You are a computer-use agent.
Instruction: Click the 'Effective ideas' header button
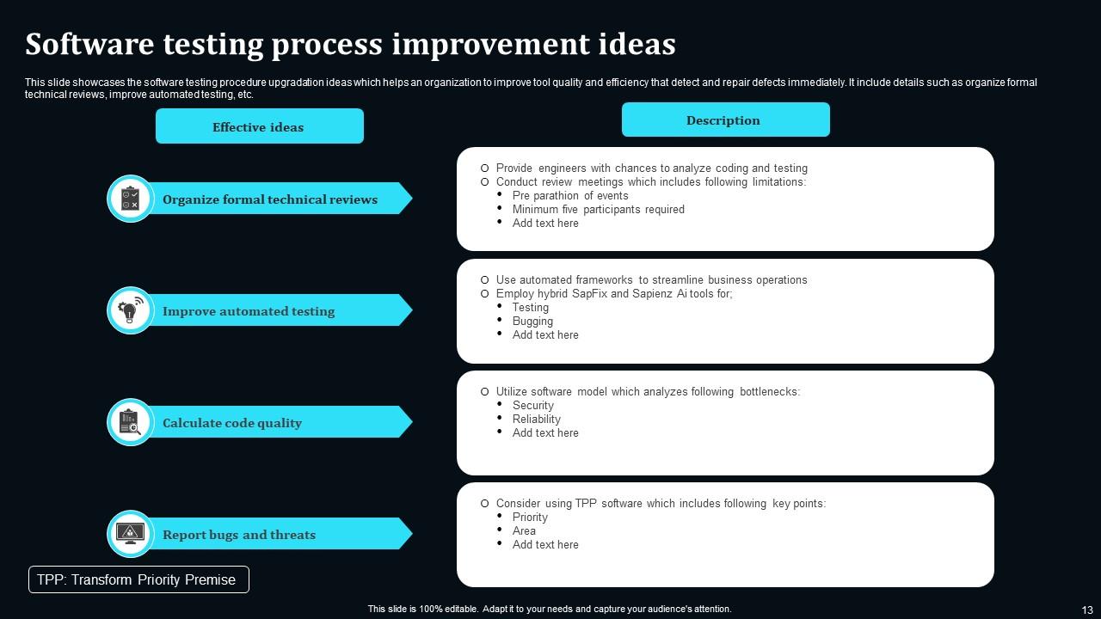259,126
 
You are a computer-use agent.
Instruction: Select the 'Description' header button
725,120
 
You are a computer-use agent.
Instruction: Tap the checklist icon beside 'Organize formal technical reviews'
131,199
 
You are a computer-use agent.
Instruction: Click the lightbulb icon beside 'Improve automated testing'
131,310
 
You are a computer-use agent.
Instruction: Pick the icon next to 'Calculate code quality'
131,422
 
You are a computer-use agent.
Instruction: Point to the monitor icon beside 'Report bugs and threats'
131,534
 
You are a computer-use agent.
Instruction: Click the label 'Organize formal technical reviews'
270,199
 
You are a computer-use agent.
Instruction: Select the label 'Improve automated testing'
249,311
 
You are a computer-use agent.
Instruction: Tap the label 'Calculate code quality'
232,423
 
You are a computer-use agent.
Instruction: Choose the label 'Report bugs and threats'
239,535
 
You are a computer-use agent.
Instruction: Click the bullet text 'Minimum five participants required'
598,209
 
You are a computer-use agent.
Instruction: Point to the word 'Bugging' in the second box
532,321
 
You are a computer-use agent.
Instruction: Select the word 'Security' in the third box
533,405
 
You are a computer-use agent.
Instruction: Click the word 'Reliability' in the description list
537,419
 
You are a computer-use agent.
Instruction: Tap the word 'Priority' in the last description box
530,517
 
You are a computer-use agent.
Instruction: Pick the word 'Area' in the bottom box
524,530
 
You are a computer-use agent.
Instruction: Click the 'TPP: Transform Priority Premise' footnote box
138,579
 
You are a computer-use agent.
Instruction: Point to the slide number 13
1087,610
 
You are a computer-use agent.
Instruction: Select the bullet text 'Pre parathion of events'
570,195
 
